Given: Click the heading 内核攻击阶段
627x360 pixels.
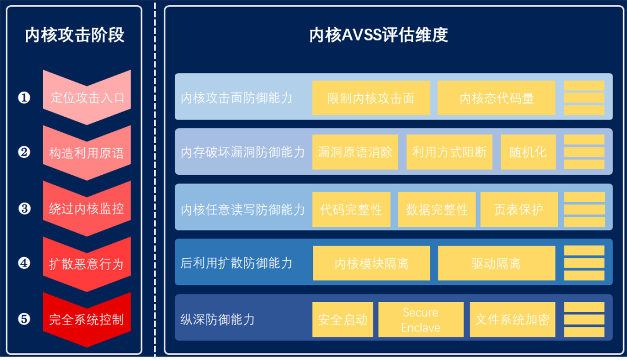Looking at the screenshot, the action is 74,35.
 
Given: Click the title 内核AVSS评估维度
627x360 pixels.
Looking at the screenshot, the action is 379,35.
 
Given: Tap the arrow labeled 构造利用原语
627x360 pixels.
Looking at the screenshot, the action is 87,153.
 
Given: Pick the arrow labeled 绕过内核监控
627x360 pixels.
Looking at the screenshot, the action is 87,208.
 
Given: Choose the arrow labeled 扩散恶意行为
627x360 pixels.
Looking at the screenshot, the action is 87,264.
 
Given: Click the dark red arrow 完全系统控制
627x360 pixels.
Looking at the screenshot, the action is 87,319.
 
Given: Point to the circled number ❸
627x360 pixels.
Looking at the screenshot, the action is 24,208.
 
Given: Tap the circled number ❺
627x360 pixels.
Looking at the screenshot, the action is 24,319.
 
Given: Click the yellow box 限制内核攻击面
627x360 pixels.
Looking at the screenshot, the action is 371,98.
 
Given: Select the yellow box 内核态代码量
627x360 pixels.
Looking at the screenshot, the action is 496,98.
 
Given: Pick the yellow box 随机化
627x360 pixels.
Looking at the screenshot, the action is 528,152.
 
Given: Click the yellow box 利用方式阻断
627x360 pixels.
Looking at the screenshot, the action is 449,152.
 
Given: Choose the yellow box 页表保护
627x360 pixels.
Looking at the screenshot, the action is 518,209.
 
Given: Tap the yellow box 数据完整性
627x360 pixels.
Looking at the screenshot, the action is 437,209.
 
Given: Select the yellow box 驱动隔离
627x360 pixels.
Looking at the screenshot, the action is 496,264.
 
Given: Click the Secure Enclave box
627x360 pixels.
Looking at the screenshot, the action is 421,319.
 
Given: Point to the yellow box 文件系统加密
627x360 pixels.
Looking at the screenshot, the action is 512,319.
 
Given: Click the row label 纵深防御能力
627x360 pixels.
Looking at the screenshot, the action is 218,319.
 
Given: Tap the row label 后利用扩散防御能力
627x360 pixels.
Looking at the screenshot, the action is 236,264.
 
